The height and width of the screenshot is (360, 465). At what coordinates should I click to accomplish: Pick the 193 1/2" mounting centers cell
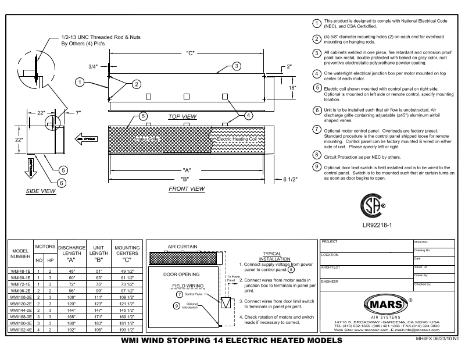coord(127,329)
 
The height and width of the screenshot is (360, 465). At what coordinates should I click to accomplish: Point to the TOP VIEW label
coord(183,117)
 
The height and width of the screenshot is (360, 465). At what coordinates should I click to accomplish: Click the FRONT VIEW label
coord(187,189)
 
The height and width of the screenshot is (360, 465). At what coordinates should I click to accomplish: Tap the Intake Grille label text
coord(146,140)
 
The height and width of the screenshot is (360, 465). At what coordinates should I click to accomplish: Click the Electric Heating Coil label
coord(241,140)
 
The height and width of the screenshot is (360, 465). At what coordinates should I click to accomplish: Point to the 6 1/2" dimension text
coord(289,179)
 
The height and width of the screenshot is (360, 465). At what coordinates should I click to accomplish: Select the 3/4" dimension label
coord(93,67)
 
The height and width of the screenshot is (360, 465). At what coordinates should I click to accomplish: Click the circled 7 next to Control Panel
coord(180,295)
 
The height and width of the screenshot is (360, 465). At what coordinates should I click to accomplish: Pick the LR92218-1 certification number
coord(378,224)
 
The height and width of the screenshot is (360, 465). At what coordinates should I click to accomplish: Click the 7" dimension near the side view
coord(77,112)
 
